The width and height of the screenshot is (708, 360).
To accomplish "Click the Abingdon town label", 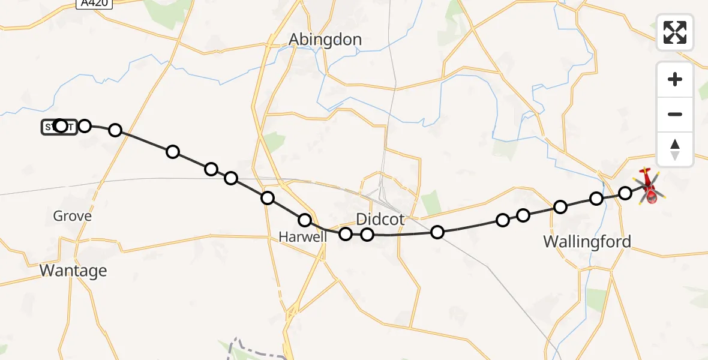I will [325, 40].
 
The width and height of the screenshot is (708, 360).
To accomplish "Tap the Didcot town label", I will [380, 219].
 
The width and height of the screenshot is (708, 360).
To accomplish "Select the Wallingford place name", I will [587, 242].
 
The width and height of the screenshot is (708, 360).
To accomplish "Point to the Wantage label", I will [73, 271].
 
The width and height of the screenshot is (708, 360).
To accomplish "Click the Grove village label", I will [72, 216].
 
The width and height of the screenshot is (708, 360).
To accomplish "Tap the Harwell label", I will [303, 237].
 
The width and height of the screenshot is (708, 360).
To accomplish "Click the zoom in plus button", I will [675, 79].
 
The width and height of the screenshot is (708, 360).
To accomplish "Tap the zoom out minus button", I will [675, 114].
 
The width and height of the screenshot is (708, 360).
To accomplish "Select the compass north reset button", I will [675, 149].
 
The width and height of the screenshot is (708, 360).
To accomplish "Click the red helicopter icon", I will [649, 187].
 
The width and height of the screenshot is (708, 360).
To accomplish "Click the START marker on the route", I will [59, 127].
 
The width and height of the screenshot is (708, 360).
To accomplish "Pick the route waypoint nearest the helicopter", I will [625, 193].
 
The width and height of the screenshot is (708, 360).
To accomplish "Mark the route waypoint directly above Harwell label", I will [305, 220].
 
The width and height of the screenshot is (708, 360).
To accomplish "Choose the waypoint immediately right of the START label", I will [85, 125].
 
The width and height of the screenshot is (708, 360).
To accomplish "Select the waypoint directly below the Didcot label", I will [367, 234].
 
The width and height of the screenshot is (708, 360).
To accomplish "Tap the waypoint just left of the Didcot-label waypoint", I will [346, 233].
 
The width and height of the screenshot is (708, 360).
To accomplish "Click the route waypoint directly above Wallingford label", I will [560, 207].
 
